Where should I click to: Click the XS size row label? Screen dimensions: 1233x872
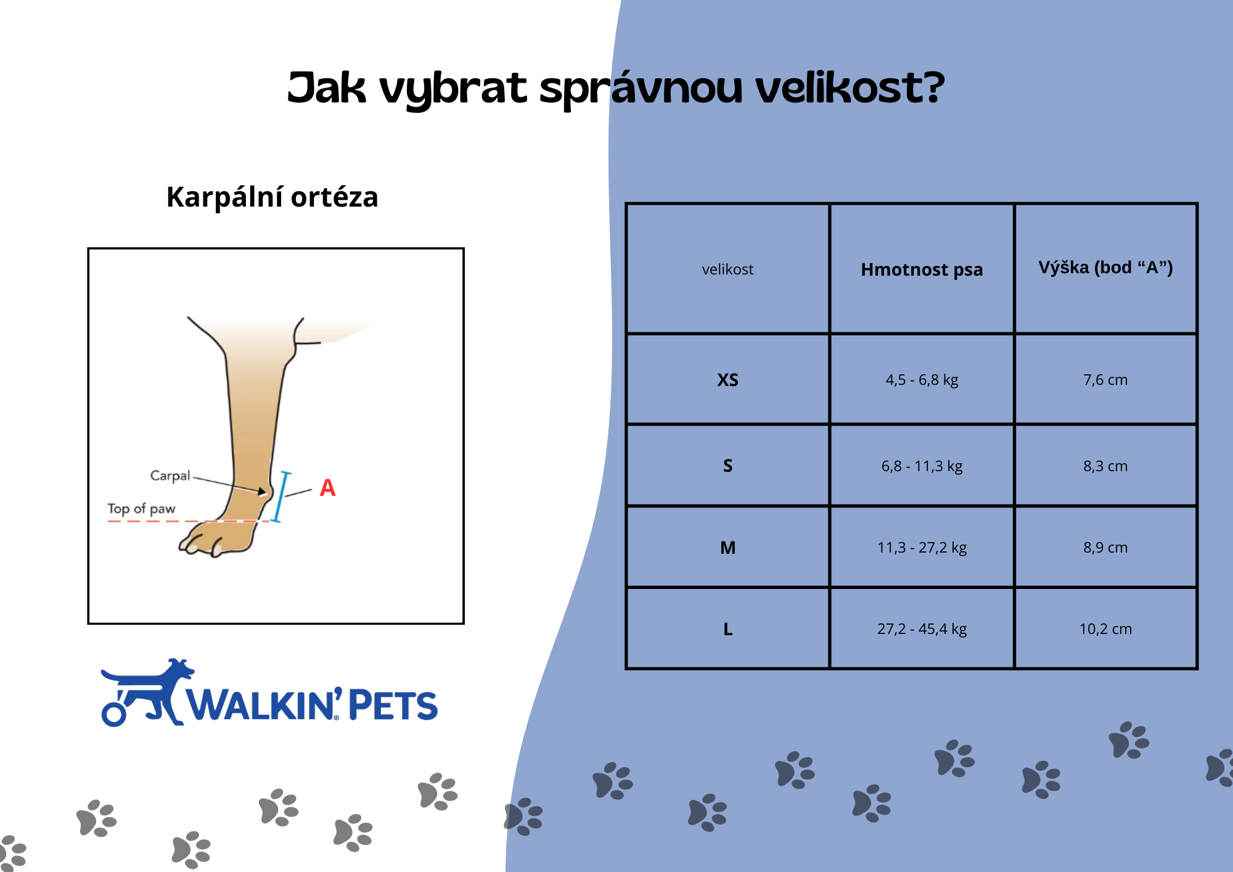[727, 380]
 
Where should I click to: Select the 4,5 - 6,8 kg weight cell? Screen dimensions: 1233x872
[922, 380]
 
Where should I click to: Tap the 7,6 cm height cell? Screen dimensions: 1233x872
[1105, 380]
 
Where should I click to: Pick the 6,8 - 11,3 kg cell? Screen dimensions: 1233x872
[922, 466]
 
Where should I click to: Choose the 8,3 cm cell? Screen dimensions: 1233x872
[1105, 466]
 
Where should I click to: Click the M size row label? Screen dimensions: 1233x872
[727, 548]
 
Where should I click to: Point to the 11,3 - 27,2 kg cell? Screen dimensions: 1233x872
[922, 548]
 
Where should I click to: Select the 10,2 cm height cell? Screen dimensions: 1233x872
[1105, 629]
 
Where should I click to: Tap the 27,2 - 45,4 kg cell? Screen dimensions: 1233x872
[922, 629]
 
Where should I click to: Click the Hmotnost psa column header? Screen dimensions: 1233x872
[922, 269]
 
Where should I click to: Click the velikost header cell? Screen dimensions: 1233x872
[727, 269]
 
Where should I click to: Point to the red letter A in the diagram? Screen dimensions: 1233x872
[327, 488]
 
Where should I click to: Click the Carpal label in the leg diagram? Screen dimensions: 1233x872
[170, 476]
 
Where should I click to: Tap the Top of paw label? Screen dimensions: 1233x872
[141, 509]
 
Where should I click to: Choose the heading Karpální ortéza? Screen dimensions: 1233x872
[272, 197]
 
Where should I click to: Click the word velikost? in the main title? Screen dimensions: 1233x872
[850, 88]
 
